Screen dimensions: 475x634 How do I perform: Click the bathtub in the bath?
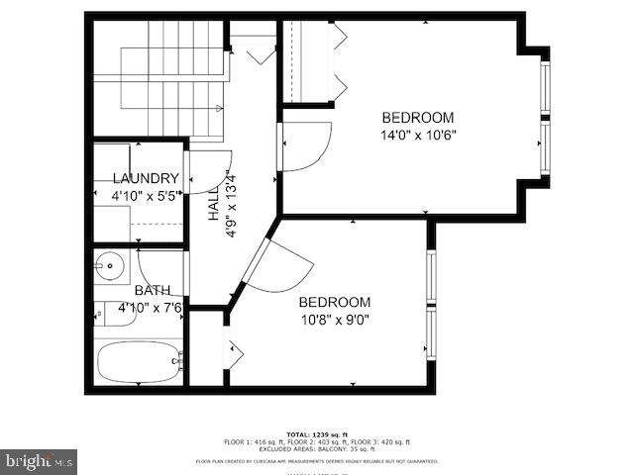click(x=138, y=363)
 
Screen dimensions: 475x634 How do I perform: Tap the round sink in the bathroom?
click(x=111, y=265)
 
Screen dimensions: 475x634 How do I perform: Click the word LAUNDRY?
click(x=146, y=178)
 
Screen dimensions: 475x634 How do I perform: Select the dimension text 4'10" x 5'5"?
click(x=146, y=196)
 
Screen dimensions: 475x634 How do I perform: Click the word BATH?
click(x=153, y=291)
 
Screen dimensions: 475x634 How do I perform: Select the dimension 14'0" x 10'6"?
click(x=418, y=135)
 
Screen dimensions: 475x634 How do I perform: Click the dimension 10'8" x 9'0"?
click(x=335, y=319)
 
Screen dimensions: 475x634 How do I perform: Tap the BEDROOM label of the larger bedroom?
click(x=418, y=117)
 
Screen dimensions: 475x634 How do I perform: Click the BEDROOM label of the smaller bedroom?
click(x=335, y=302)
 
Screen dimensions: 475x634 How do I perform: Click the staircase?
click(x=158, y=79)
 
